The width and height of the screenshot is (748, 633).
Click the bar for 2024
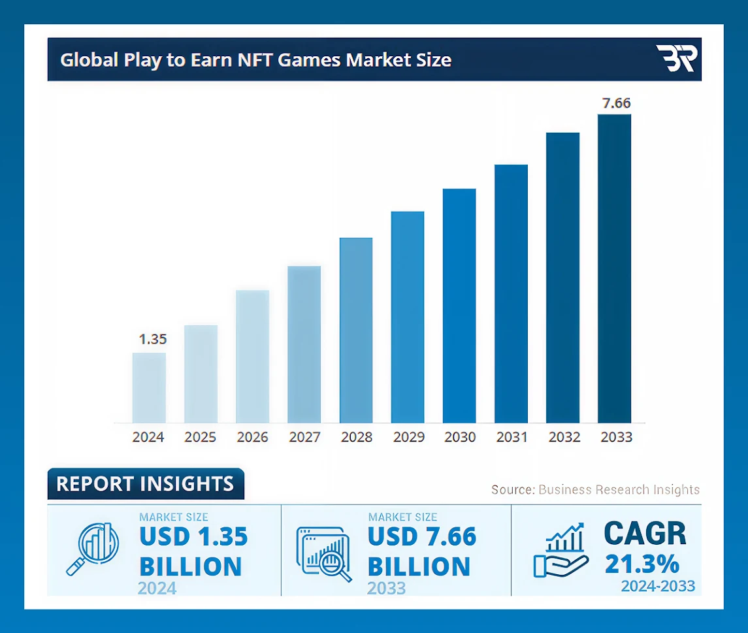[149, 388]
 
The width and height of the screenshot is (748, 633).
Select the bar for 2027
[304, 344]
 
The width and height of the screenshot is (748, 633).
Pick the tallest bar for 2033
[614, 268]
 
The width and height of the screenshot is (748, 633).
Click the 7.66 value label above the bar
[616, 103]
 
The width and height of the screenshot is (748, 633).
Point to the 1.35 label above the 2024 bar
[153, 339]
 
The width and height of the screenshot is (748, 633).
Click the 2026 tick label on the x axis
[252, 437]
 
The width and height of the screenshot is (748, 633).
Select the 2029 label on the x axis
[408, 437]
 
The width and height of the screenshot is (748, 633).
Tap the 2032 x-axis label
[564, 437]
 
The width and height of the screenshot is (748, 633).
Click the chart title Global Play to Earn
[255, 60]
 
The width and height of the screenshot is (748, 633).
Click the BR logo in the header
[677, 59]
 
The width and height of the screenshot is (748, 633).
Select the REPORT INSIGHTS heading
[145, 484]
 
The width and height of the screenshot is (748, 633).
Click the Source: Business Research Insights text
[595, 490]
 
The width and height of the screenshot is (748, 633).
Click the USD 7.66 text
[422, 537]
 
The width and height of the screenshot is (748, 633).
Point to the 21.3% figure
[642, 564]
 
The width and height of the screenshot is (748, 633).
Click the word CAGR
[645, 534]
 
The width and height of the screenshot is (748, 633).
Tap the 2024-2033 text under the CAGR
[657, 586]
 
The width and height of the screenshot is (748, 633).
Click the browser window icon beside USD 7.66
[324, 553]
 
